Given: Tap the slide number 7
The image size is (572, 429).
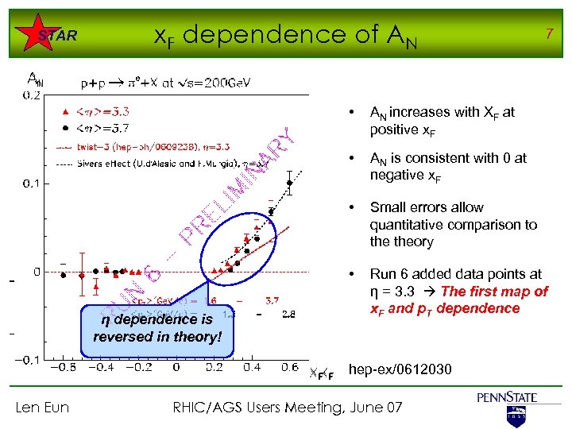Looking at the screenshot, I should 547,33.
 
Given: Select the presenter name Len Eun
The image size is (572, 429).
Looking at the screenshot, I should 42,408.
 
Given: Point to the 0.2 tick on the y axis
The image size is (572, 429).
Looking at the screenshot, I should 33,95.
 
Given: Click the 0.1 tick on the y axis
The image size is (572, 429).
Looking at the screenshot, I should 33,183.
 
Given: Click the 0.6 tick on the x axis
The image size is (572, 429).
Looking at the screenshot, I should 288,368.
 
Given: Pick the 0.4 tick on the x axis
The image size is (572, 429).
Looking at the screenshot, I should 252,368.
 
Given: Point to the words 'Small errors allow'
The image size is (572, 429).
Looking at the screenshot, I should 426,207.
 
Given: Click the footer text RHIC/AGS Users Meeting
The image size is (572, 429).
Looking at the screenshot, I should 287,408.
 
